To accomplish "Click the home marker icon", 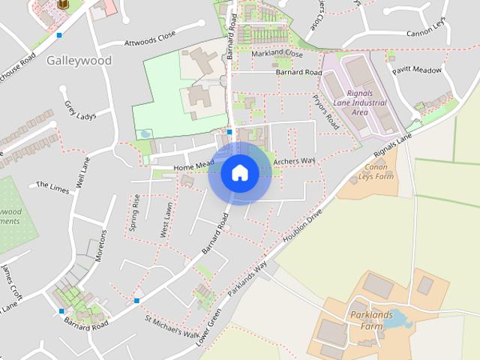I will [240, 173].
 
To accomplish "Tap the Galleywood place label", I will [79, 60].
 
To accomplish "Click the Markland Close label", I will [277, 55].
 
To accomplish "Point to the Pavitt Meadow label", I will [416, 70].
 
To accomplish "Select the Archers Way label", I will [295, 161].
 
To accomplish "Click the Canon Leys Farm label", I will [379, 172].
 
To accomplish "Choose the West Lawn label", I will [166, 220].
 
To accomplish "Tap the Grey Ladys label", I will [80, 110].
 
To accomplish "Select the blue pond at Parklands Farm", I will [398, 321].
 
